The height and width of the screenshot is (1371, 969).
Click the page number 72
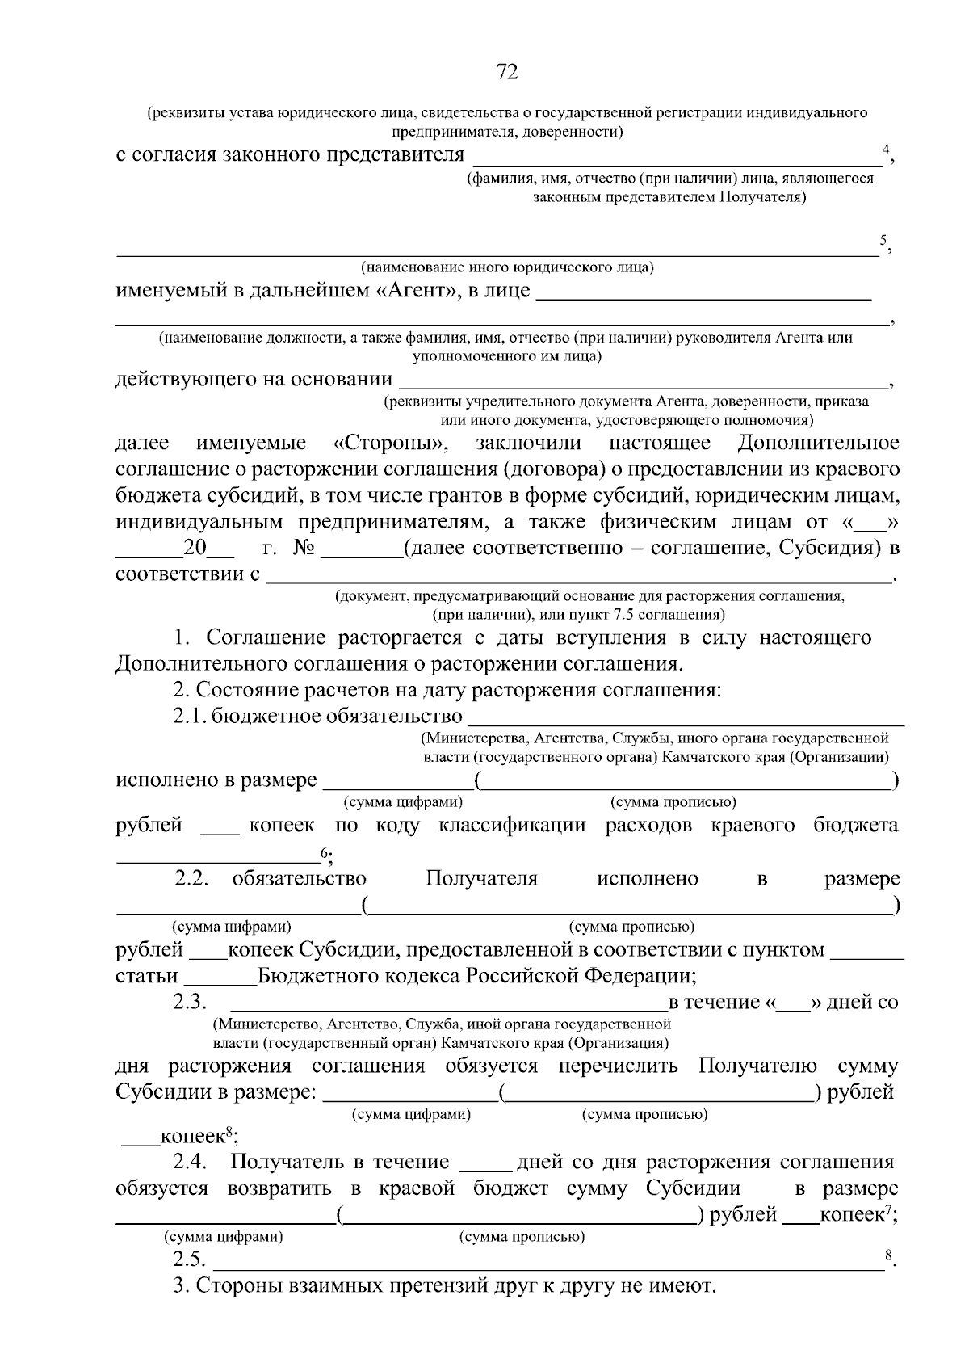[506, 73]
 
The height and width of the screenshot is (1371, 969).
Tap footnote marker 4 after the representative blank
[886, 149]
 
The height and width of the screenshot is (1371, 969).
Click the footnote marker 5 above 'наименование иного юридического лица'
[883, 240]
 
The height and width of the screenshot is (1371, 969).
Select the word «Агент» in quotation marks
[415, 291]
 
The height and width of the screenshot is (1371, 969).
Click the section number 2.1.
[190, 717]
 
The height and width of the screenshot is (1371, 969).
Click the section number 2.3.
[190, 1003]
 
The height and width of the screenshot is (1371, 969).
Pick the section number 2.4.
[191, 1163]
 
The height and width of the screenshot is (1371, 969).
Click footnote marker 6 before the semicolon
[324, 852]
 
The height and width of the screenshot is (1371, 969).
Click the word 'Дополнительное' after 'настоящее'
[818, 444]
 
